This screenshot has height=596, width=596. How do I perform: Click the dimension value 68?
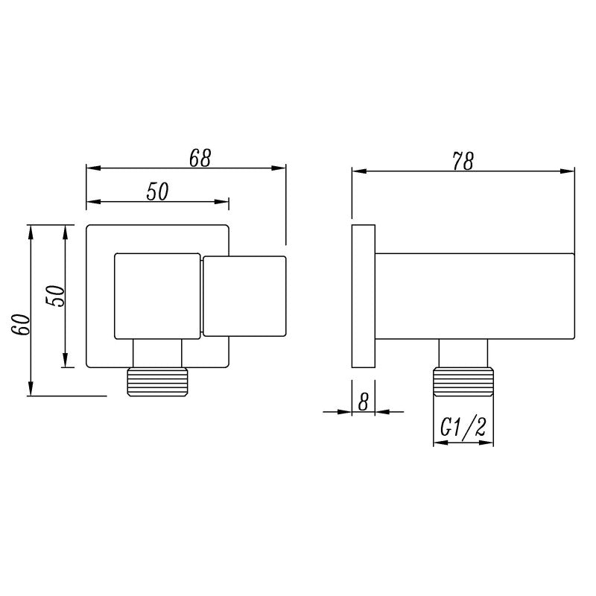[200, 157]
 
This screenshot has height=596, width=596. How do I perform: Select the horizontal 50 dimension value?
[156, 191]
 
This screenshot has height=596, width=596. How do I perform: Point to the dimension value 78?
[462, 161]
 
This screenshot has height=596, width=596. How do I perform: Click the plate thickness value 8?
[364, 402]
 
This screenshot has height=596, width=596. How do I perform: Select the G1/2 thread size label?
[463, 428]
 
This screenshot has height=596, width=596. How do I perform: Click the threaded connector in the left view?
[157, 381]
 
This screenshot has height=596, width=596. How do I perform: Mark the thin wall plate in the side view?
[363, 296]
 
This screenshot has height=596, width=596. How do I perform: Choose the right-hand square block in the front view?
[244, 296]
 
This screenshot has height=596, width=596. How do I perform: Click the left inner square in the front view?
[156, 297]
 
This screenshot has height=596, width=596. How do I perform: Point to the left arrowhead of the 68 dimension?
[92, 168]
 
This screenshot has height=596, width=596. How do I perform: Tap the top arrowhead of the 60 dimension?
[31, 229]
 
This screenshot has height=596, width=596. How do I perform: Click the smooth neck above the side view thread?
[463, 353]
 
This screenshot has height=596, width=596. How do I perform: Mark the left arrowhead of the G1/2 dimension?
[437, 443]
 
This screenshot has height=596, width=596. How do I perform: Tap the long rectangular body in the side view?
[475, 295]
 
